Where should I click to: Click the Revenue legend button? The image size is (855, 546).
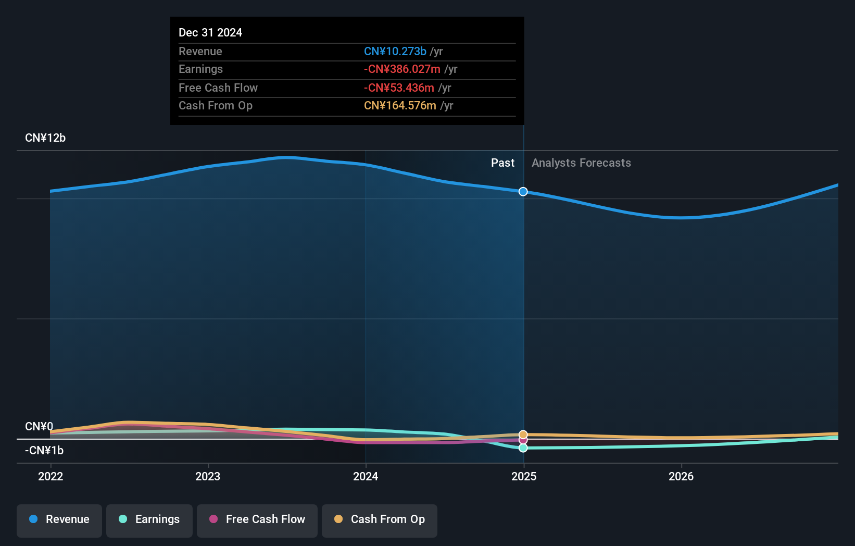[x=59, y=519]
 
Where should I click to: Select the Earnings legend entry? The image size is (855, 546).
[x=149, y=519]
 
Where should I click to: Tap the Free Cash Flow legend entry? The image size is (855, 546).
[x=257, y=519]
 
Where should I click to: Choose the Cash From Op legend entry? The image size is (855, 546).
[x=380, y=519]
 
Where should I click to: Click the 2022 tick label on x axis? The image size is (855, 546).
[x=51, y=476]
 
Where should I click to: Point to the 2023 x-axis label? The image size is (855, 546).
[x=208, y=476]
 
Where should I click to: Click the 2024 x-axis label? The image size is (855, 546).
[x=366, y=476]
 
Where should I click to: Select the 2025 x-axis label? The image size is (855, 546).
[x=524, y=476]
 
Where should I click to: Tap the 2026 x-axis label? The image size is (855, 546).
[x=681, y=476]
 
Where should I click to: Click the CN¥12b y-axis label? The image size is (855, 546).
[x=45, y=138]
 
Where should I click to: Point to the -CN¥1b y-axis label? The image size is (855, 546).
[x=44, y=450]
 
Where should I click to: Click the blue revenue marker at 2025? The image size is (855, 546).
[x=523, y=192]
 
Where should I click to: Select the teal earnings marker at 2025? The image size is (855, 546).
[x=523, y=448]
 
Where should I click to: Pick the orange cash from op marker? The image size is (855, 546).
[x=523, y=434]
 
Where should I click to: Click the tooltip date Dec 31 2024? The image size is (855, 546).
[x=210, y=32]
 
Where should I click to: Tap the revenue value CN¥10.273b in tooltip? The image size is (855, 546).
[x=395, y=51]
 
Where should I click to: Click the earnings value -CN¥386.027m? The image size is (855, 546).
[x=402, y=69]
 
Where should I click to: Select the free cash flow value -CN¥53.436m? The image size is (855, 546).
[x=399, y=88]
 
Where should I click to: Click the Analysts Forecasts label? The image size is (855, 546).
[x=581, y=163]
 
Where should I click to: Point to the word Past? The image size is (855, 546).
[x=502, y=163]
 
